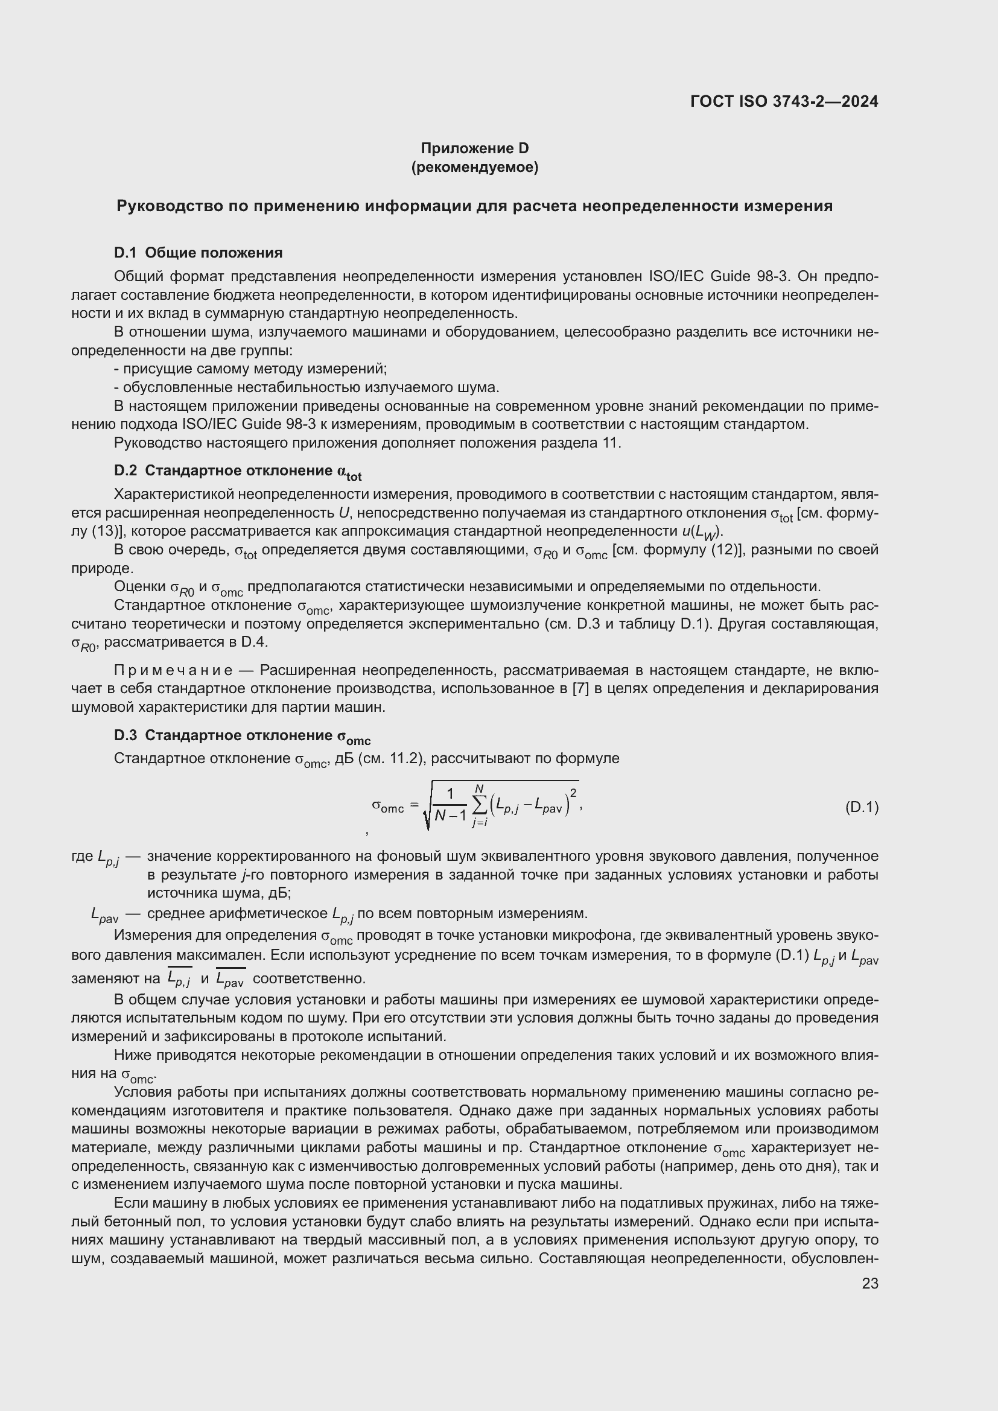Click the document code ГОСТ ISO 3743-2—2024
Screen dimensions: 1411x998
pos(784,101)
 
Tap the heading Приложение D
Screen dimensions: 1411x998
pos(474,148)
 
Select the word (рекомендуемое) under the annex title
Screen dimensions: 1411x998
pos(474,167)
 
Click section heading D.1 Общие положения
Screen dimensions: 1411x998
pos(198,253)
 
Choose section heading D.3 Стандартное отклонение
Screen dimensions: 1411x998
pos(242,736)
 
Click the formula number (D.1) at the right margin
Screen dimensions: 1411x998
pos(862,807)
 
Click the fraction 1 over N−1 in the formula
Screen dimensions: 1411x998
pos(450,806)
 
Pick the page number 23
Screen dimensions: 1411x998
pos(870,1283)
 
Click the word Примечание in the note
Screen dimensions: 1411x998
pos(173,670)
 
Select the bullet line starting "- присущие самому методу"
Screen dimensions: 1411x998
pos(251,369)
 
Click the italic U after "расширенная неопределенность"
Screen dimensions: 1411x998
pos(344,513)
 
